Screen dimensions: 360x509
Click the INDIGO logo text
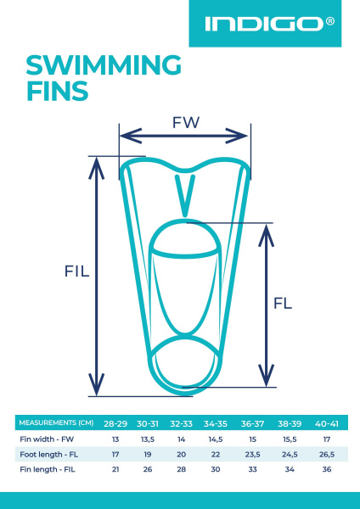pyautogui.click(x=265, y=25)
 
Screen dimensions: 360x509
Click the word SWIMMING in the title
pyautogui.click(x=104, y=65)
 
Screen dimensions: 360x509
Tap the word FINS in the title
pyautogui.click(x=57, y=91)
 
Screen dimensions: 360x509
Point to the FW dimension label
pyautogui.click(x=185, y=123)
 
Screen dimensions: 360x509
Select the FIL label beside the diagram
pyautogui.click(x=76, y=271)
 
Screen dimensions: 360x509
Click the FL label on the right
pyautogui.click(x=283, y=303)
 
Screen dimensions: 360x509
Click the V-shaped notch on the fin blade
pyautogui.click(x=185, y=196)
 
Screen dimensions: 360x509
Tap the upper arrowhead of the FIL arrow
pyautogui.click(x=96, y=169)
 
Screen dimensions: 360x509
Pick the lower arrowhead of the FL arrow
pyautogui.click(x=266, y=375)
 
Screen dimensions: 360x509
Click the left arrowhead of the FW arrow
pyautogui.click(x=131, y=136)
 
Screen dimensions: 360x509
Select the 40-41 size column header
pyautogui.click(x=327, y=423)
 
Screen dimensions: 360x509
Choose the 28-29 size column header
pyautogui.click(x=115, y=423)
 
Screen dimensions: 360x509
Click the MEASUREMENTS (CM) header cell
pyautogui.click(x=56, y=422)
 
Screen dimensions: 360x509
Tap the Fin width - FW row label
pyautogui.click(x=47, y=439)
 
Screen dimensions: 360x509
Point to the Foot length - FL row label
pyautogui.click(x=48, y=455)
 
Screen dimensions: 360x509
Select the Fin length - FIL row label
pyautogui.click(x=48, y=469)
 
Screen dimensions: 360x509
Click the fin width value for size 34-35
pyautogui.click(x=216, y=439)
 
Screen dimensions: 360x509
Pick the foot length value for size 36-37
pyautogui.click(x=252, y=455)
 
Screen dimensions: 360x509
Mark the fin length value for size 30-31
pyautogui.click(x=148, y=470)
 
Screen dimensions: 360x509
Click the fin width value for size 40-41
pyautogui.click(x=327, y=439)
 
